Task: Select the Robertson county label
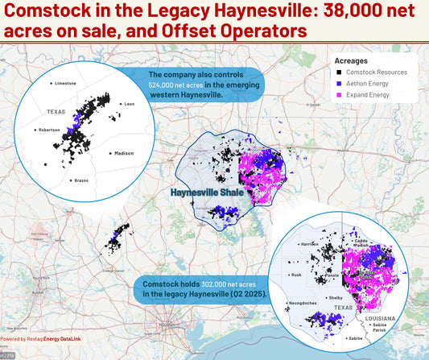tap(48, 130)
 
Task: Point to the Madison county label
tap(124, 153)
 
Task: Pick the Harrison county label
tap(311, 242)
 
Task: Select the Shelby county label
tap(336, 297)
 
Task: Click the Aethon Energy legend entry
tap(377, 84)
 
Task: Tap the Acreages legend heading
tap(353, 60)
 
